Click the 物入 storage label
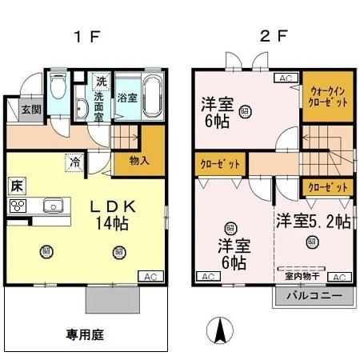139,160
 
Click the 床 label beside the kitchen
16,186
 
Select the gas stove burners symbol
17,205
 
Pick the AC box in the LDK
149,276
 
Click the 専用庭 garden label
85,333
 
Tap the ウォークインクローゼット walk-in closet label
326,98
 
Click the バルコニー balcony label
315,294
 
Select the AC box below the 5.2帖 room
339,277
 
